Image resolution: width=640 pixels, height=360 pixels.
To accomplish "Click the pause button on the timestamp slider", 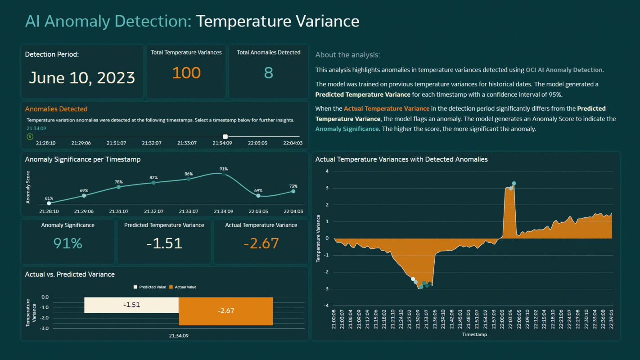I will pos(30,136).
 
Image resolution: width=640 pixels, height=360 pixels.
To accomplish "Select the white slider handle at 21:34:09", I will pos(225,136).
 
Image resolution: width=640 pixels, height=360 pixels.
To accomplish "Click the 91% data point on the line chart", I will pos(223,174).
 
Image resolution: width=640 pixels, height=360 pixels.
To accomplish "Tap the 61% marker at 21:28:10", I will pos(49,203).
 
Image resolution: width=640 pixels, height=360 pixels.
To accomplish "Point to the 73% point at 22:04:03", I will pos(293,191).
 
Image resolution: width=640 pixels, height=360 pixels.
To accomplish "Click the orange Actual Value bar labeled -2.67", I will pos(225,311).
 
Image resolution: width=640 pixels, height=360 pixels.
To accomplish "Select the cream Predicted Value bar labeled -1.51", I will pos(131,305).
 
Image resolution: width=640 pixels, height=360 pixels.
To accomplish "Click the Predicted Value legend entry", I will pos(150,287).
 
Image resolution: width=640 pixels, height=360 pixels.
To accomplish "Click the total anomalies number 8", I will pos(268,73).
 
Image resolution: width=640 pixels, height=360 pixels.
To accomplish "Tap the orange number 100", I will pos(186,73).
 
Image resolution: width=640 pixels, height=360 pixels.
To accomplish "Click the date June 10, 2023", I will pos(82,78).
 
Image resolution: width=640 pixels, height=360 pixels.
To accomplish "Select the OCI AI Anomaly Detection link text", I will pos(563,70).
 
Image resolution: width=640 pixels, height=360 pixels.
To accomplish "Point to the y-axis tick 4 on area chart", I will pos(327,171).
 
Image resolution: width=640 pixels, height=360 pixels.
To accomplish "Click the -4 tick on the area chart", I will pos(326,306).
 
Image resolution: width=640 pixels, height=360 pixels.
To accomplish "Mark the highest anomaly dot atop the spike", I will pos(514,184).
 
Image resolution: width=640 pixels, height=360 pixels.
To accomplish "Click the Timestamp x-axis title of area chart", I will pos(474,334).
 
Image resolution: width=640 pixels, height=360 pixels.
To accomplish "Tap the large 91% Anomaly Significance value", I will pos(68,243).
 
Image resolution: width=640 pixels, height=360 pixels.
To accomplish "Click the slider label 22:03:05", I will pos(257,143).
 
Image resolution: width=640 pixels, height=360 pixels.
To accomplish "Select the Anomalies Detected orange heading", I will pos(56,109).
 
